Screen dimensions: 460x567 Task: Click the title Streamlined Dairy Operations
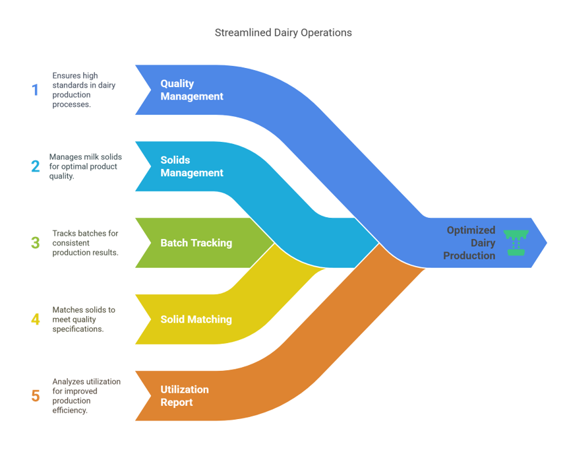click(x=283, y=32)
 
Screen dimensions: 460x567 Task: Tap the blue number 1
click(x=35, y=90)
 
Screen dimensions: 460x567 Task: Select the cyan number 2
click(x=35, y=166)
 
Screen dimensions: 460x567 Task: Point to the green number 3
click(x=35, y=242)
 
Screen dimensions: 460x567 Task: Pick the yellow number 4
click(x=35, y=319)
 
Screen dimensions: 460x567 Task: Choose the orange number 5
click(x=35, y=396)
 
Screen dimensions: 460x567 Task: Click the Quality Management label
click(x=192, y=90)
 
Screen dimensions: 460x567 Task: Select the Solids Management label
click(x=192, y=166)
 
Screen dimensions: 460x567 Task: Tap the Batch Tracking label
click(x=196, y=243)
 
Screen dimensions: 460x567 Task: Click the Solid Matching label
click(x=196, y=319)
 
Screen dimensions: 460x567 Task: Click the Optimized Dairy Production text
click(x=470, y=243)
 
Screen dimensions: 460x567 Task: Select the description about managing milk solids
click(x=83, y=166)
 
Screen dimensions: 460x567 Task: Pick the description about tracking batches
click(x=85, y=243)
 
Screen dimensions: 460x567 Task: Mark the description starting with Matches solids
click(x=83, y=319)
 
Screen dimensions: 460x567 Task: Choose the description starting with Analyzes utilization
click(x=86, y=396)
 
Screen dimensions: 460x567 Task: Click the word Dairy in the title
click(x=285, y=32)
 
